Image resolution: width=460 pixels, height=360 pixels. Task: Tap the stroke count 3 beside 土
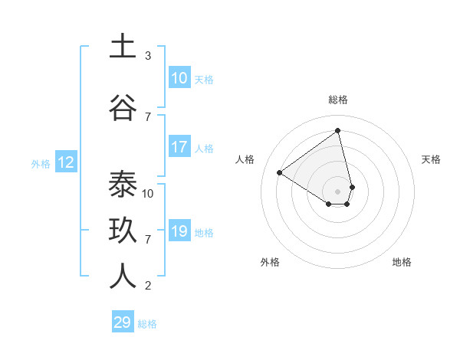[148, 56]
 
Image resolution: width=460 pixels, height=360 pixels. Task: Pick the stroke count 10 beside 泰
[148, 193]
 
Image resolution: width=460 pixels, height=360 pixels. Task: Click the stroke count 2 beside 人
[148, 286]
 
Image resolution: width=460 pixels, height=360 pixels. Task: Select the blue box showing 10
[179, 78]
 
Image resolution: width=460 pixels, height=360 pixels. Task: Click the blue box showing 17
[179, 147]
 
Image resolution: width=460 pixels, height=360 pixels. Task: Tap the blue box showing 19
[179, 231]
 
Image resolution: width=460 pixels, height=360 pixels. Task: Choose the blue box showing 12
[65, 162]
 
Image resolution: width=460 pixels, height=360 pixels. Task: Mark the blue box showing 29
[123, 322]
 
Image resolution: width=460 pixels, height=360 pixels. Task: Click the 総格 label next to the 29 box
[147, 324]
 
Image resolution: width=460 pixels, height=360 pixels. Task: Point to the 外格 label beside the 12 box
[41, 163]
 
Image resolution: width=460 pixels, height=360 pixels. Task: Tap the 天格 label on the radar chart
[432, 159]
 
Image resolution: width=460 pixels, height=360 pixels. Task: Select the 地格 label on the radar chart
[402, 262]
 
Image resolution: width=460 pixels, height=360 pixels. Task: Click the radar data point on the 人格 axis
[280, 172]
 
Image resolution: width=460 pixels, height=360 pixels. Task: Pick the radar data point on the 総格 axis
[338, 129]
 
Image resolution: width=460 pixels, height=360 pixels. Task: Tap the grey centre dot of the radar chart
[338, 191]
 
